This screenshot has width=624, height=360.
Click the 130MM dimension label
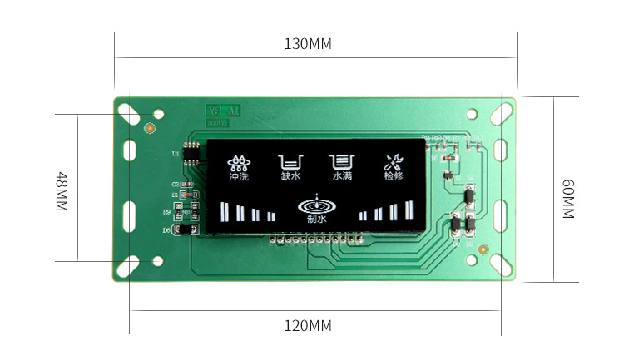308,44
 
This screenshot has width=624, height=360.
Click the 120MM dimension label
308,325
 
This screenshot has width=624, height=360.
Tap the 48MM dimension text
62,191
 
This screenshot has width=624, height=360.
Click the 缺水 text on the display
290,176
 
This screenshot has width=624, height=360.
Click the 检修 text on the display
394,176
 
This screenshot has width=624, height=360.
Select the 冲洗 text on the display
240,176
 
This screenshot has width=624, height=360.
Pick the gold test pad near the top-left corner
150,129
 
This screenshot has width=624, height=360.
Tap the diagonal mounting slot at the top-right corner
501,111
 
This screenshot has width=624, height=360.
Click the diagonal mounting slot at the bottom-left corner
129,265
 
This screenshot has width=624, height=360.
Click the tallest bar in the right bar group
409,210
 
